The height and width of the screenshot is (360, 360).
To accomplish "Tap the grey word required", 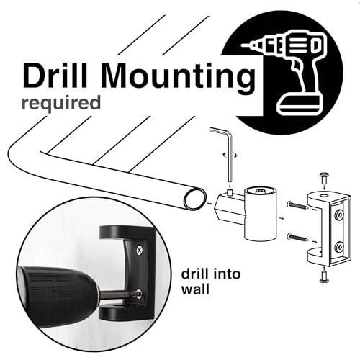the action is pos(61,104).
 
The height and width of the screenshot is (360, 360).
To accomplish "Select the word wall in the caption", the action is pos(195,289).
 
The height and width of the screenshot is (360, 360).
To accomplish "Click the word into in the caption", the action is pos(224,274).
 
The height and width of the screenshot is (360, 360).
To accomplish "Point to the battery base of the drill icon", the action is pos(299,104).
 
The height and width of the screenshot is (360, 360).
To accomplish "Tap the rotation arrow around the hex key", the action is pos(230,155).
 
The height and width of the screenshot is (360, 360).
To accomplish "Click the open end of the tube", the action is pos(195,199).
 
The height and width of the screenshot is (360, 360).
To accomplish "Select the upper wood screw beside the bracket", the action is pos(297,205).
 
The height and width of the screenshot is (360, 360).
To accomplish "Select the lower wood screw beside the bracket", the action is pos(297,238).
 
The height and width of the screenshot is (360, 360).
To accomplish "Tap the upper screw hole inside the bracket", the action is pos(338,214).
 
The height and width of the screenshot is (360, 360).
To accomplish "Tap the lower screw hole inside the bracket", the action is pos(339,247).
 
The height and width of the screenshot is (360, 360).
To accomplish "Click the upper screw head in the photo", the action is pos(139,251).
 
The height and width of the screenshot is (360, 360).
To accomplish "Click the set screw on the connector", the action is pos(230,192).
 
